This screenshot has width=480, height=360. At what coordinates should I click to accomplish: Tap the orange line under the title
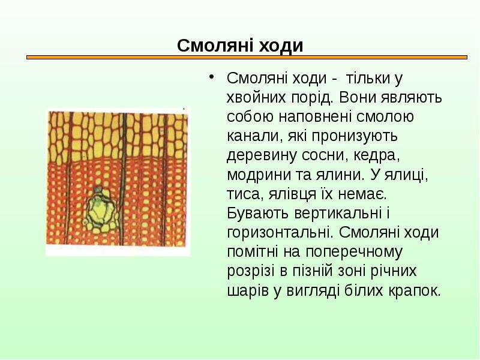click(247, 57)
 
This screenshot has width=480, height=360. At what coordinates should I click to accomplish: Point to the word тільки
click(368, 79)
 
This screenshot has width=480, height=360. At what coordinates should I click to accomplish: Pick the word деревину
click(262, 155)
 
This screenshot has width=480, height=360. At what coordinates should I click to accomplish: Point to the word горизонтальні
click(280, 233)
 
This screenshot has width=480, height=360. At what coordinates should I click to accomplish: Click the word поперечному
click(353, 252)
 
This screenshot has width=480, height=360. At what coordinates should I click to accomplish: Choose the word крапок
click(415, 291)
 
